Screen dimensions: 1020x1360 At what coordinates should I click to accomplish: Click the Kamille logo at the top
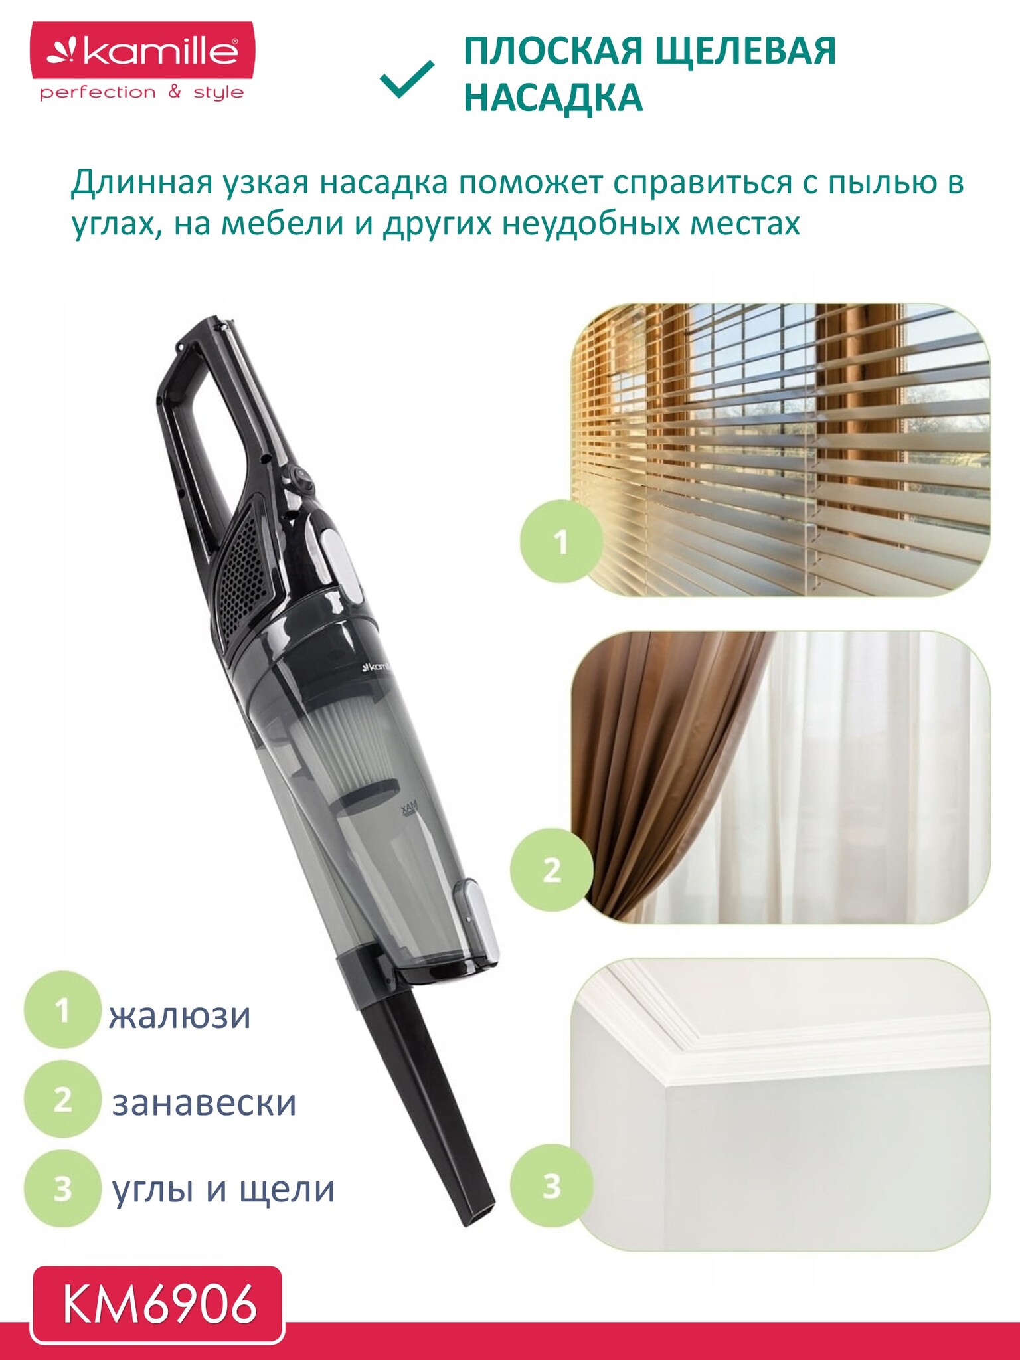(143, 62)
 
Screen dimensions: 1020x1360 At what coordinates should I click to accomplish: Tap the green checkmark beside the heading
(407, 80)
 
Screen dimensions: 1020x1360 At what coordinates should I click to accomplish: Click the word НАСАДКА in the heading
(553, 98)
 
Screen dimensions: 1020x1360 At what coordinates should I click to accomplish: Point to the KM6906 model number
(159, 1304)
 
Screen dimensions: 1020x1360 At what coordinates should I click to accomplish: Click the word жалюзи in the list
(180, 1016)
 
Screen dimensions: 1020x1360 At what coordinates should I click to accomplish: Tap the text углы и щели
(223, 1190)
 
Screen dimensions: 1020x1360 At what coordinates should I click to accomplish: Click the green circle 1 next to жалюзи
(62, 1010)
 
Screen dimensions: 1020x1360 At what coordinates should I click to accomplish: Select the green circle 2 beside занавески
(62, 1099)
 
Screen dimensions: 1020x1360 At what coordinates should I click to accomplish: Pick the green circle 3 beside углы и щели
(62, 1188)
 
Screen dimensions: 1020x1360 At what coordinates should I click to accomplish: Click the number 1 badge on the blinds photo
(561, 541)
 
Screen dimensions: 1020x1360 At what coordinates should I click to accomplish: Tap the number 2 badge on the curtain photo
(552, 869)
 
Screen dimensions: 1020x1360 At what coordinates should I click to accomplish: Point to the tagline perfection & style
(141, 92)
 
